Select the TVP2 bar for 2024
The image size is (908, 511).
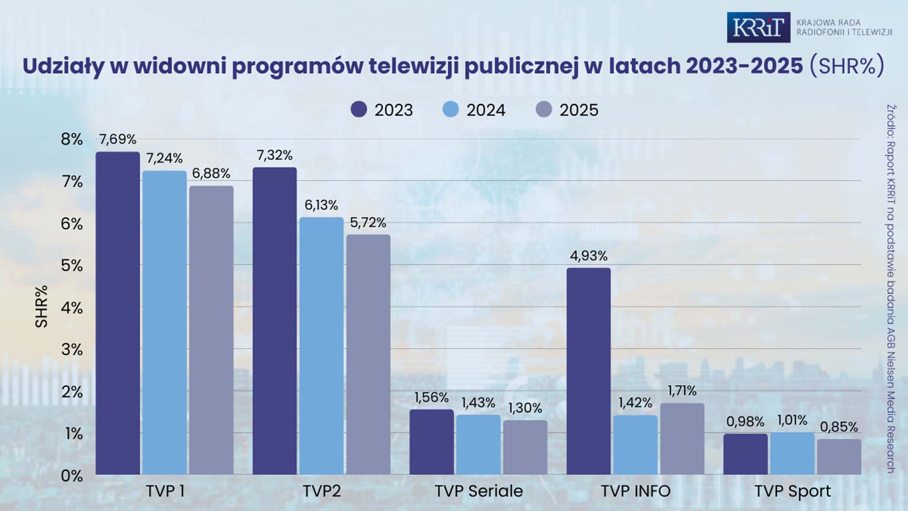click(x=321, y=346)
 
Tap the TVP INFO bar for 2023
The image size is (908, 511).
click(x=588, y=371)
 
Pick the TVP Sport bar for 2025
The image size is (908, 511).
click(x=839, y=457)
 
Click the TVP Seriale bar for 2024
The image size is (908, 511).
click(x=478, y=445)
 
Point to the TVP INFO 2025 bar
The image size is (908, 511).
click(x=682, y=439)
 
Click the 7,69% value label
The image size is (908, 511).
click(x=118, y=139)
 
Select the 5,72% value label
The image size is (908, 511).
click(x=368, y=223)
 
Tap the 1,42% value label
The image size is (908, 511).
click(x=635, y=403)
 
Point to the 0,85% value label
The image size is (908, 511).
click(x=839, y=427)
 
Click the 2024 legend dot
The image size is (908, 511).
click(x=451, y=109)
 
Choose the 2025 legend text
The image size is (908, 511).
click(x=579, y=110)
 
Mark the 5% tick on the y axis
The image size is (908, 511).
click(x=72, y=265)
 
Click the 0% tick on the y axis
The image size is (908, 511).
click(x=72, y=476)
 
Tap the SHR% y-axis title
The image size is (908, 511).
click(x=42, y=306)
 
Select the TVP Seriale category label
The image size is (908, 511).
click(x=478, y=491)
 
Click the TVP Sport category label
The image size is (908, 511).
click(x=792, y=491)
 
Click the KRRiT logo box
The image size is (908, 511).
click(x=758, y=28)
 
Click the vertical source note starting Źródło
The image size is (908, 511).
click(x=891, y=289)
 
